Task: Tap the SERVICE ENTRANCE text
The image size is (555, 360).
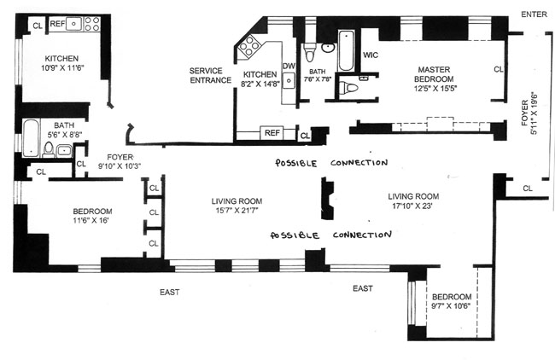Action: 211,75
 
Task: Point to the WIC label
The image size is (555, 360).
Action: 370,55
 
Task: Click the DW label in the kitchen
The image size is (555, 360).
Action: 289,67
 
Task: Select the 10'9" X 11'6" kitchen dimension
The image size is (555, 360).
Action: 63,69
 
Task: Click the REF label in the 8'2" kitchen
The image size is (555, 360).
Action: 272,133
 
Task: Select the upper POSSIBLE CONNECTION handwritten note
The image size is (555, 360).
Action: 325,163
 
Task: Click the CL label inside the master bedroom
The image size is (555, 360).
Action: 498,69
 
